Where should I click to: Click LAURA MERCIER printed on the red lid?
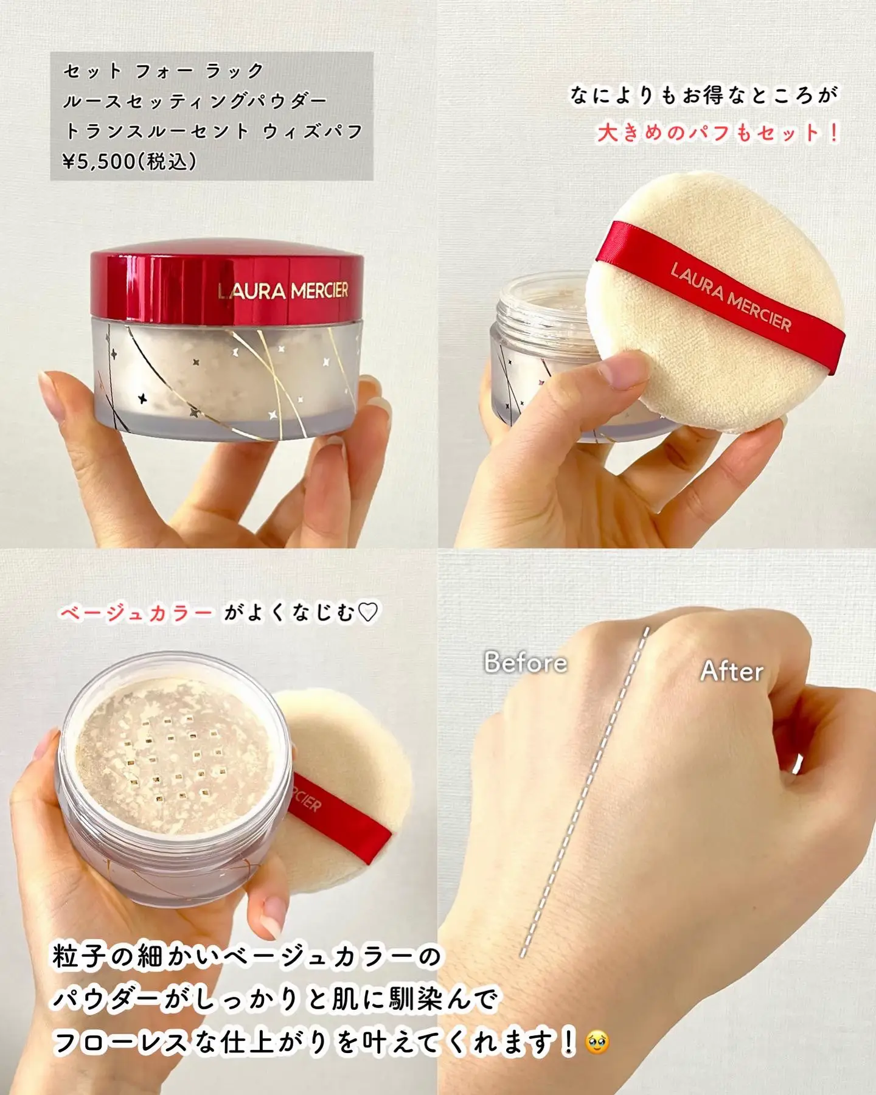[283, 291]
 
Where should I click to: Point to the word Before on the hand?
[526, 662]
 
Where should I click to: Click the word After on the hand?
[732, 671]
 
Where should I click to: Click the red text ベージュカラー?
[136, 612]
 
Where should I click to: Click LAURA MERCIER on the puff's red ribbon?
[731, 297]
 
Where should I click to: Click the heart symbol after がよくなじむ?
[368, 612]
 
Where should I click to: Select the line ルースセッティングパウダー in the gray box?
[195, 101]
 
